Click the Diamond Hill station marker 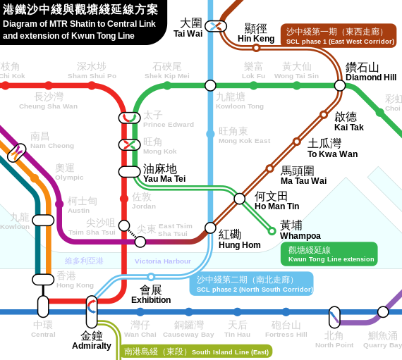tap(340, 85)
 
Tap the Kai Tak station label tap(349, 121)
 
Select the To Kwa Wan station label tap(332, 148)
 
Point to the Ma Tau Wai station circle tap(269, 168)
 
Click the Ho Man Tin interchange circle tap(240, 199)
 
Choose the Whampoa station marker tap(272, 230)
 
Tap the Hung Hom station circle tap(210, 228)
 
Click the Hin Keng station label tap(256, 33)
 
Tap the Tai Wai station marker tap(216, 26)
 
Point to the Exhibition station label tap(151, 294)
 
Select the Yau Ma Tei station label tap(164, 173)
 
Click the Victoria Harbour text tap(163, 261)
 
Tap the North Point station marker tap(334, 317)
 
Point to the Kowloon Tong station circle tap(210, 85)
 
